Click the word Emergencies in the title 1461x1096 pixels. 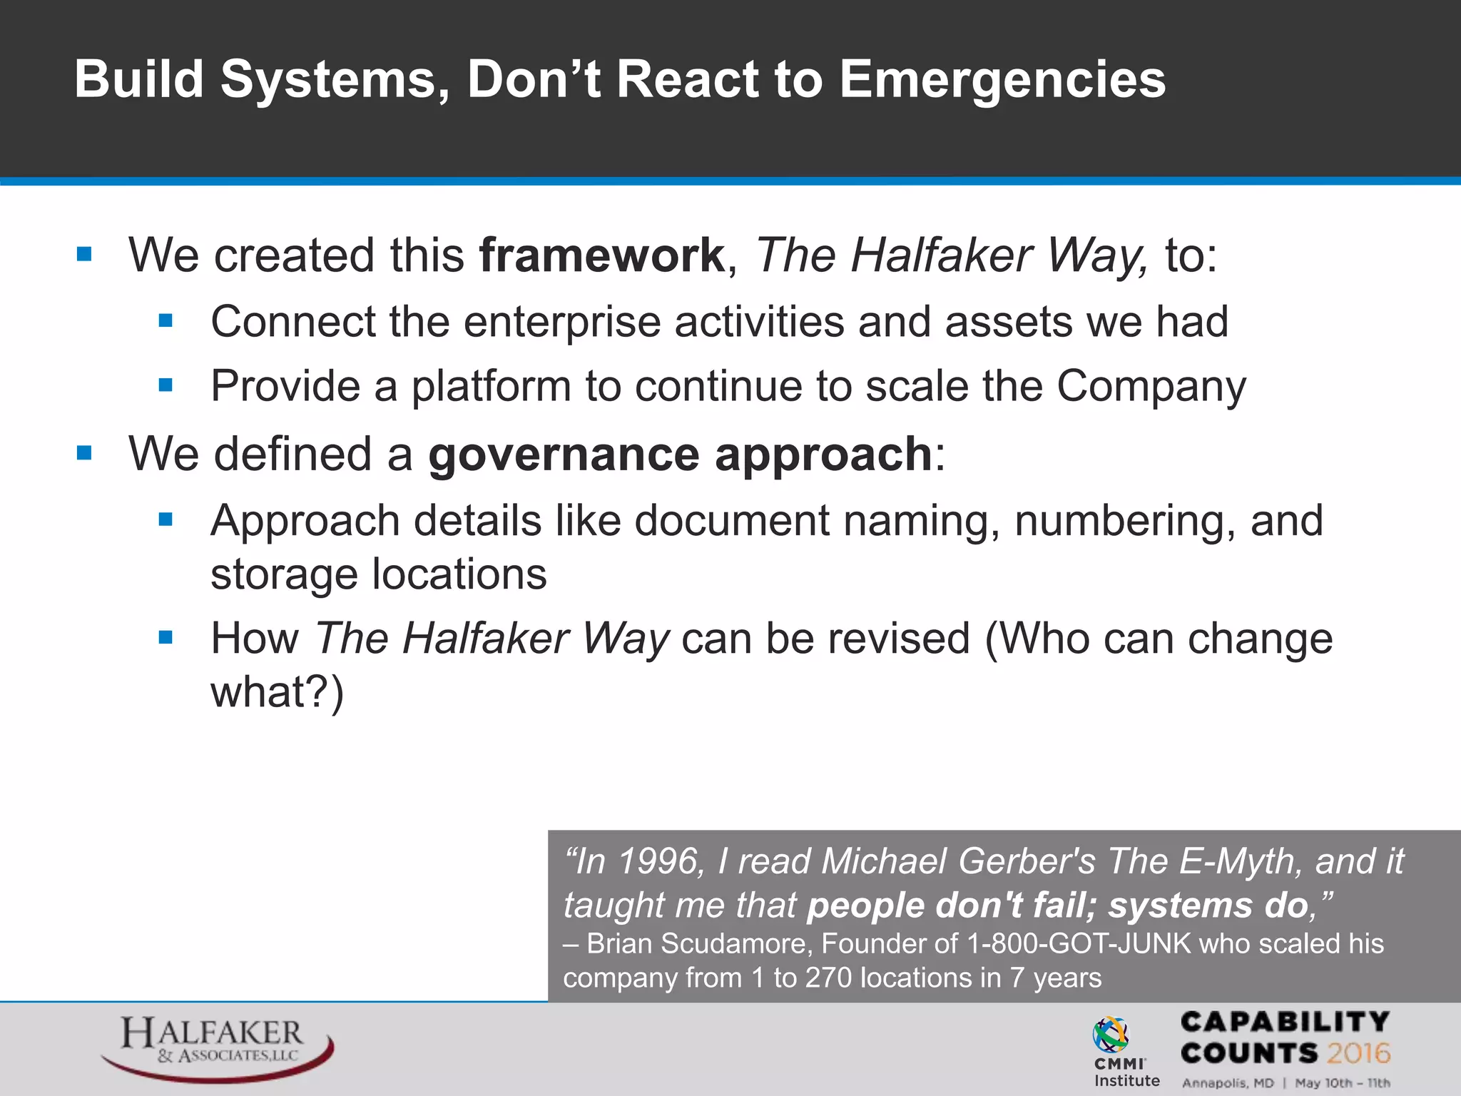click(1002, 80)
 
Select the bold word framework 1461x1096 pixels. click(601, 255)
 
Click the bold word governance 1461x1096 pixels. click(564, 455)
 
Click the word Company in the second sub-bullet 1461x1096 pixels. click(1151, 387)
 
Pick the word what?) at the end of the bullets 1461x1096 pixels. click(277, 691)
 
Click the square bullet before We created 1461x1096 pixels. click(84, 254)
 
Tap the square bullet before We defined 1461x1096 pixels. click(84, 453)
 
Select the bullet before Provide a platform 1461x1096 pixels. click(166, 386)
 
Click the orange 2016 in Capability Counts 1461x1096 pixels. click(1358, 1053)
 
